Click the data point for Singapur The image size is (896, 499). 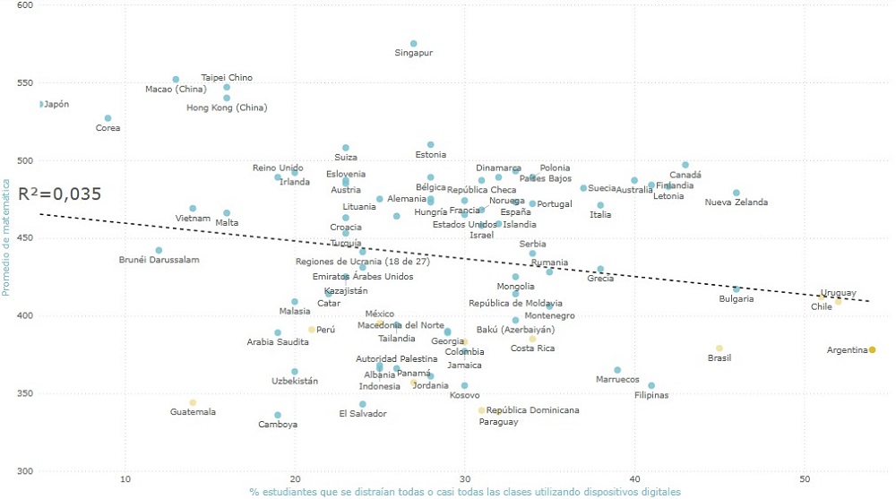point(413,43)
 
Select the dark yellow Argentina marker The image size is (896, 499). point(872,349)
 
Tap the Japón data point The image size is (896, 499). point(40,104)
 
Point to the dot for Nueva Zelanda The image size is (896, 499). point(737,193)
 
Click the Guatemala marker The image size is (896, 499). point(193,402)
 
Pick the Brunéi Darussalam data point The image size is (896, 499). point(159,250)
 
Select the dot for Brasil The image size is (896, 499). point(719,348)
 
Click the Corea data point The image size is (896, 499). point(108,118)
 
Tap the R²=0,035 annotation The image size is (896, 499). point(59,194)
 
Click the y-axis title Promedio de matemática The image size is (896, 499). point(6,236)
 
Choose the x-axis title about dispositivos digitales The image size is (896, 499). point(465,492)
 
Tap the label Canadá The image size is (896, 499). point(685,175)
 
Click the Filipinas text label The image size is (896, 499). point(651,395)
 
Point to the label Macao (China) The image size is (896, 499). point(176,89)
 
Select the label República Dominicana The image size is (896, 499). point(532,410)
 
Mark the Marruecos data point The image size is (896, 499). point(617,369)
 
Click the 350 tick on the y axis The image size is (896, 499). point(25,393)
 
